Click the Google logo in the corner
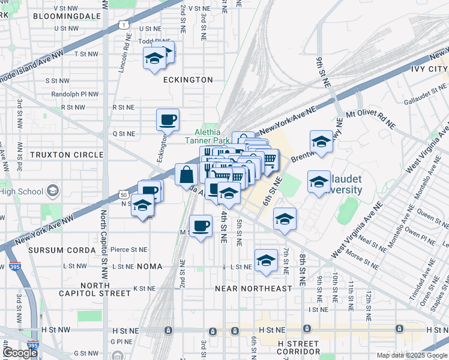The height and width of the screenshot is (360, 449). click(20, 353)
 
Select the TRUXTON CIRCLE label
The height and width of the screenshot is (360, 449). click(67, 155)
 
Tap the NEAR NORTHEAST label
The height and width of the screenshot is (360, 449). click(253, 289)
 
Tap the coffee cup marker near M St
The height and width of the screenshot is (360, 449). click(200, 226)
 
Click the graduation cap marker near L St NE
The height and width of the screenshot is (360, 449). click(265, 260)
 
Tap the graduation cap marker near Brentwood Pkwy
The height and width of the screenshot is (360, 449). click(321, 142)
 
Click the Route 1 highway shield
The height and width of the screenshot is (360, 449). click(122, 25)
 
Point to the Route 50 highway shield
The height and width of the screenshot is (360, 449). click(124, 195)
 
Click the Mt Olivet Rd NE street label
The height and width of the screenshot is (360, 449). click(372, 118)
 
